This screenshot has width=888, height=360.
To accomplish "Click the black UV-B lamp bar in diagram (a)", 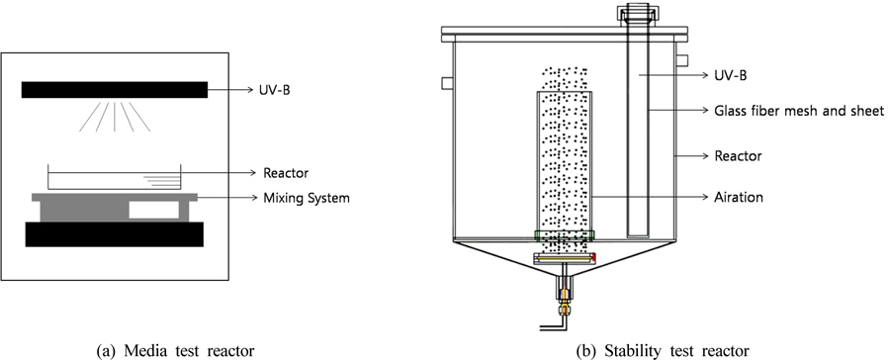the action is pyautogui.click(x=115, y=90).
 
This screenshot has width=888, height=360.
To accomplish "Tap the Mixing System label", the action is pyautogui.click(x=307, y=198).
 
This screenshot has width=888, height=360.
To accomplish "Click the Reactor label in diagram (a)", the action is pyautogui.click(x=286, y=173).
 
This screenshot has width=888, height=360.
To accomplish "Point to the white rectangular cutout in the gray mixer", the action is pyautogui.click(x=153, y=210).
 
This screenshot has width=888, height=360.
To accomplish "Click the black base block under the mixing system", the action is pyautogui.click(x=115, y=234).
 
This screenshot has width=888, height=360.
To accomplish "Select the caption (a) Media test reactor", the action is pyautogui.click(x=175, y=351).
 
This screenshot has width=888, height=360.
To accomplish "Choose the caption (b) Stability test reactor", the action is pyautogui.click(x=662, y=351).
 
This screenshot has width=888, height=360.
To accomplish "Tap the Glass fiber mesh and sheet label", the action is pyautogui.click(x=799, y=111).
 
